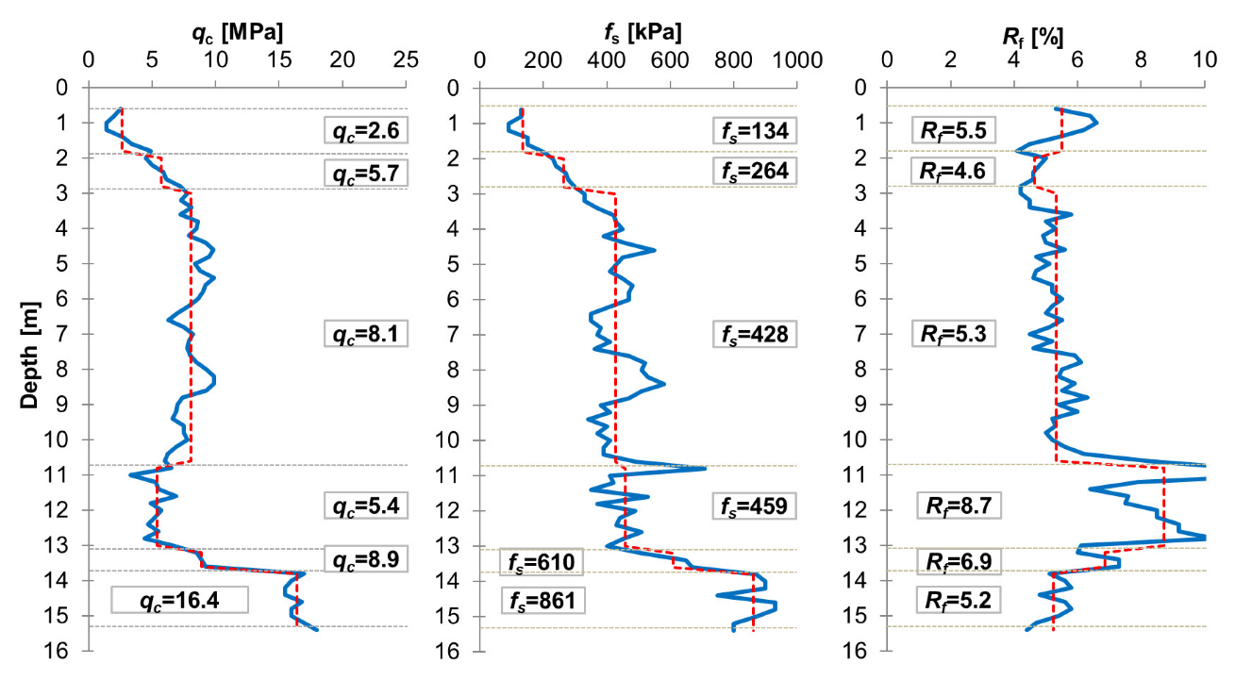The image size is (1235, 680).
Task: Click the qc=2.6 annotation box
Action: pyautogui.click(x=366, y=129)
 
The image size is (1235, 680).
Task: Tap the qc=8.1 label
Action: pyautogui.click(x=366, y=334)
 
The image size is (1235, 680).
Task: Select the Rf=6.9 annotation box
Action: pyautogui.click(x=959, y=562)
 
